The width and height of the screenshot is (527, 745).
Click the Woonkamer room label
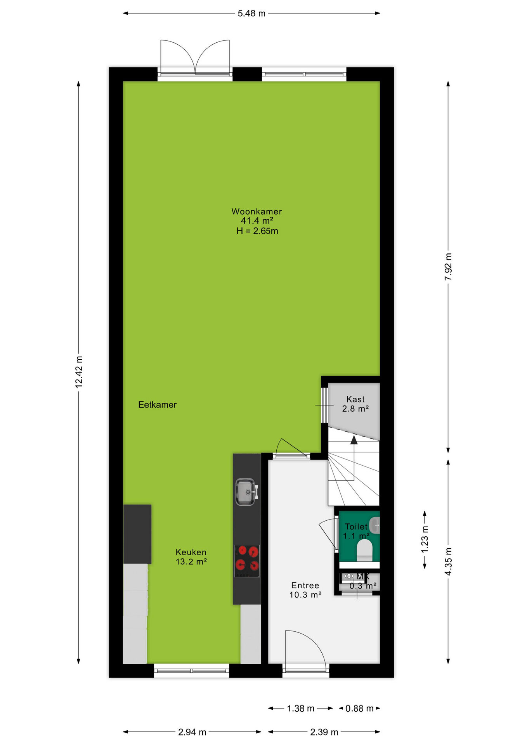[257, 211]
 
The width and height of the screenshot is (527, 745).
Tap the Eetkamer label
[158, 405]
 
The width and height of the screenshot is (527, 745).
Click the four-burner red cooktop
[247, 561]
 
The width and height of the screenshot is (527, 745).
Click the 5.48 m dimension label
[251, 14]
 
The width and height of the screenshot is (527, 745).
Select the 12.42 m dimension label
[79, 372]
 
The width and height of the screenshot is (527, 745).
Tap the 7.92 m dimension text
[448, 267]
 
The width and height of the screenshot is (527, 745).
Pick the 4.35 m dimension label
[448, 561]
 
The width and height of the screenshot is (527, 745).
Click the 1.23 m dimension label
[425, 539]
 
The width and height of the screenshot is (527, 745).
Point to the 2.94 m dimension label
[192, 732]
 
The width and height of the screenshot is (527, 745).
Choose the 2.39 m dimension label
[324, 732]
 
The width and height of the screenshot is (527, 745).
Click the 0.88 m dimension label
[359, 709]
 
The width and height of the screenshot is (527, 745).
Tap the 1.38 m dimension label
[301, 709]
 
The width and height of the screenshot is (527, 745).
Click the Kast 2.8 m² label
[355, 404]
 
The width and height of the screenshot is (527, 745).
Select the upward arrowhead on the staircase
[354, 440]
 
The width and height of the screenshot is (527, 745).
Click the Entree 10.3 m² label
[305, 590]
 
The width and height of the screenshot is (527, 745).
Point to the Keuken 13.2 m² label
[191, 557]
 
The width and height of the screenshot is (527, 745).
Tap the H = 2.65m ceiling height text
[257, 231]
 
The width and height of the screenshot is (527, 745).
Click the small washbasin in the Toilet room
[374, 526]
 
